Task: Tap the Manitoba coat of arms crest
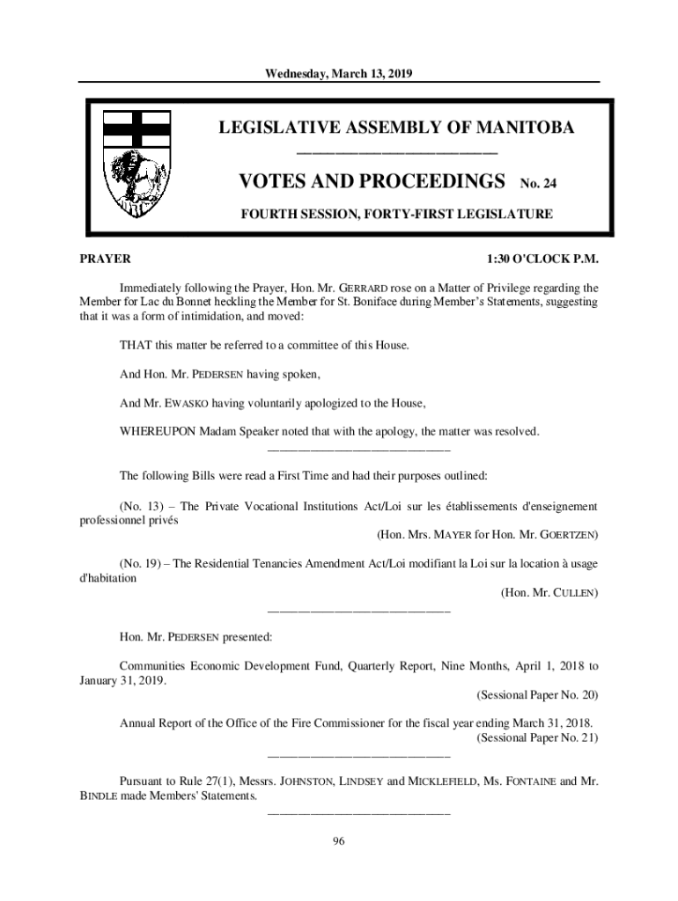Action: [136, 164]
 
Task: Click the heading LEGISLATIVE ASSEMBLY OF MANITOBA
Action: [396, 128]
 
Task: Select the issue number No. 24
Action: [539, 184]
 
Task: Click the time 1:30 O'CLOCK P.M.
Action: [542, 259]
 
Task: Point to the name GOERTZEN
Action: [565, 535]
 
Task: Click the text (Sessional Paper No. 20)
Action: [537, 694]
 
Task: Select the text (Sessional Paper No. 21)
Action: [537, 737]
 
